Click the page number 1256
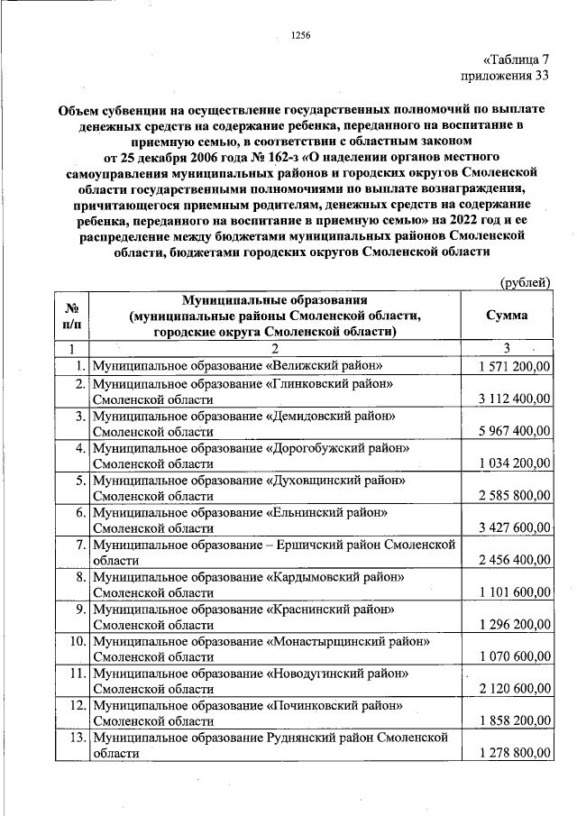click(x=300, y=35)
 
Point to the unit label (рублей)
click(x=526, y=282)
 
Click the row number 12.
click(x=77, y=705)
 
